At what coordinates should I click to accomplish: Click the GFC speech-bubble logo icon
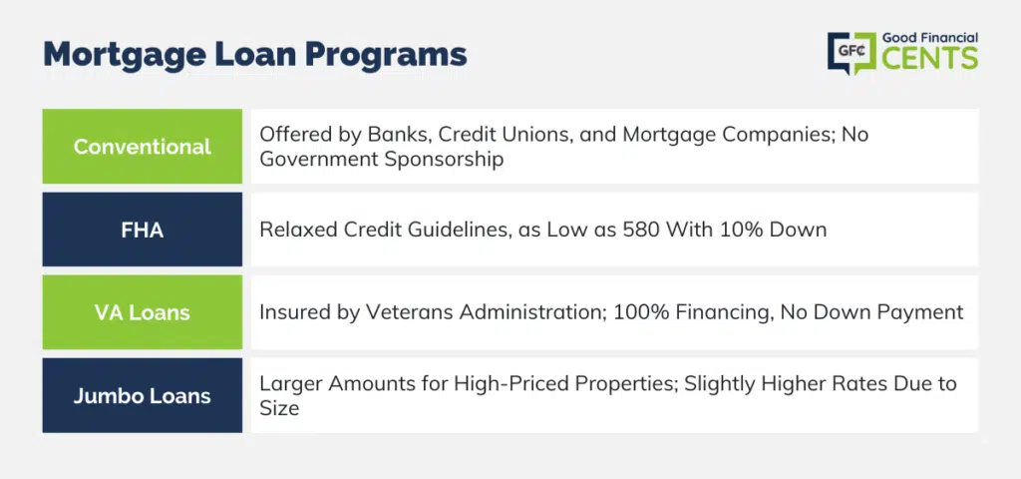851,53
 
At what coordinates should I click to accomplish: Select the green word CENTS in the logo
930,58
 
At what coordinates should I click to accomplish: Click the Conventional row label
142,146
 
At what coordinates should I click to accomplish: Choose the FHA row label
142,230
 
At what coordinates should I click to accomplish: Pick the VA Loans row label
142,312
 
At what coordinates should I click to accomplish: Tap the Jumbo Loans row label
142,395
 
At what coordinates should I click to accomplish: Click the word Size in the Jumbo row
279,408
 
